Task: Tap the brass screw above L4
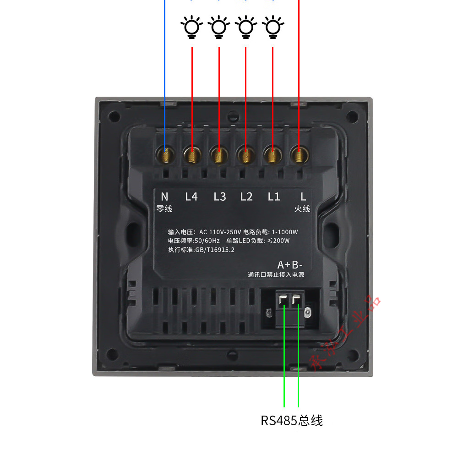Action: [x=192, y=154]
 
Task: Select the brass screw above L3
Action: [x=219, y=154]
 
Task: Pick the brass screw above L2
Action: [x=245, y=154]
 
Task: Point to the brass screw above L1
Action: [x=273, y=154]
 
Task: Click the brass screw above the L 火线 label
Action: [x=299, y=154]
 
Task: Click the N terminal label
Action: [x=164, y=197]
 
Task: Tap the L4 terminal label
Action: [x=191, y=197]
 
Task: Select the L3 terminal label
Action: [x=220, y=197]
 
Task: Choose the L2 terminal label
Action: [x=246, y=197]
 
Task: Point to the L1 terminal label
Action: [x=274, y=197]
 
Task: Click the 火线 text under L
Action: [x=302, y=209]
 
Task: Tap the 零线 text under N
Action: [x=164, y=209]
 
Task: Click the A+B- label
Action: [x=290, y=265]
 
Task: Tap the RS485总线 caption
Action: [x=292, y=420]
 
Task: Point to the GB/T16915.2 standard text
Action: [x=215, y=250]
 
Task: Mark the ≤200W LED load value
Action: [x=278, y=241]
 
